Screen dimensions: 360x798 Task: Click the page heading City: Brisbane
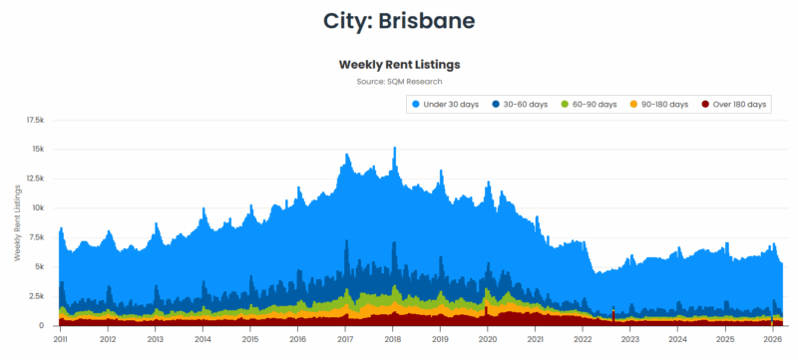[399, 20]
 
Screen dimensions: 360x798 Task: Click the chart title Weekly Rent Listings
[399, 64]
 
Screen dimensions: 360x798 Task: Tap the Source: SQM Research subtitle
[399, 81]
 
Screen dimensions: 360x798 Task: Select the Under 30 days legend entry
[444, 104]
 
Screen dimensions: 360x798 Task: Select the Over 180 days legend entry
[734, 104]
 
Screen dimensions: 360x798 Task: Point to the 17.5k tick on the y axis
[35, 120]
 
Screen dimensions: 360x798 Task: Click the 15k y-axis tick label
[38, 150]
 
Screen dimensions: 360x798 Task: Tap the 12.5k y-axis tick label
[35, 179]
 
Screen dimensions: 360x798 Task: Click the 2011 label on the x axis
[61, 339]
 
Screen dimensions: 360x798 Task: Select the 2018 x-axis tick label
[393, 339]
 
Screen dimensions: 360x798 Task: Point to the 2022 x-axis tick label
[583, 339]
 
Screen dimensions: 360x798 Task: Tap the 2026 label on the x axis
[772, 339]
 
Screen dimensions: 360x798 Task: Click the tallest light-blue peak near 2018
[395, 150]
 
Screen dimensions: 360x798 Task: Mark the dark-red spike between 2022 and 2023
[612, 312]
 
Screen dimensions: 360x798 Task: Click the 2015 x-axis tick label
[250, 339]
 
